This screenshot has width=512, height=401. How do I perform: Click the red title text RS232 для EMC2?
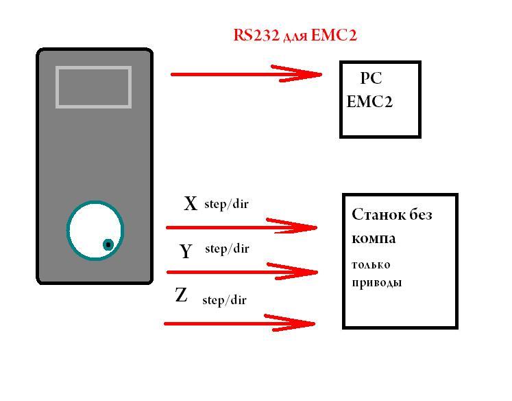295,35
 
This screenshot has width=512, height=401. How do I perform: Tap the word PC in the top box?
371,79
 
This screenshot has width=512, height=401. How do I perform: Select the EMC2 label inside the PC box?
369,102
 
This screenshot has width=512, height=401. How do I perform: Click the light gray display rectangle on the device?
93,87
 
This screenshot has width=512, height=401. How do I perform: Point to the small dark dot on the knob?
108,244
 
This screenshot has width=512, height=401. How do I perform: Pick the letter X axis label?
191,203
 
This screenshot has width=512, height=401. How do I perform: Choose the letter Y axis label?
186,252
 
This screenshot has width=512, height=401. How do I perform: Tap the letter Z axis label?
182,296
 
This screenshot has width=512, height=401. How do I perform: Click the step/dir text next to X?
226,204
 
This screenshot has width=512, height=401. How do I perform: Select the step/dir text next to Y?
227,249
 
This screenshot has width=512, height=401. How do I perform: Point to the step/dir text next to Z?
224,299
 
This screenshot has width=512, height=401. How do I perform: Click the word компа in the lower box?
374,239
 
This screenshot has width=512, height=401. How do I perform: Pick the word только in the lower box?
371,264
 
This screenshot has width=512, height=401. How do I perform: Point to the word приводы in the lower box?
376,282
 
